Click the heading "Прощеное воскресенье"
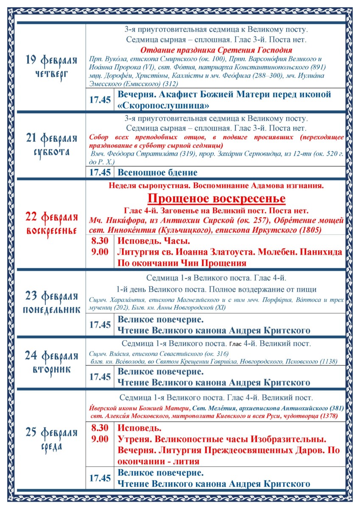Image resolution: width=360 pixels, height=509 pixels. pos(216,199)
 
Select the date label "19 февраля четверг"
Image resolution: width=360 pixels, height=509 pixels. pos(51,66)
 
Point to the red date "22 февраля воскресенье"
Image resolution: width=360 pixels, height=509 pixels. pos(51,224)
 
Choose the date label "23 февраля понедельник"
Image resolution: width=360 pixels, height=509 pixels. pos(51,302)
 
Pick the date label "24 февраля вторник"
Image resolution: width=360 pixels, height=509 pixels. pos(51,362)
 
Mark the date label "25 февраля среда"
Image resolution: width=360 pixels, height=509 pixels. pos(51,439)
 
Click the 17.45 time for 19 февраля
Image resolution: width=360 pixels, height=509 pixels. pos(100,100)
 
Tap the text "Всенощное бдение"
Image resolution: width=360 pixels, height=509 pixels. pos(157,173)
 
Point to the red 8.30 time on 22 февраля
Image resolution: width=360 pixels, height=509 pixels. pos(100,241)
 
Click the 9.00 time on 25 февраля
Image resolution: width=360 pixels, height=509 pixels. pos(100,439)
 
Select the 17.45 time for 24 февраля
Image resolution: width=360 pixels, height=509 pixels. pos(100,377)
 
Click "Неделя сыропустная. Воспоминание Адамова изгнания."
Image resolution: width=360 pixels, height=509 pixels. pos(216,185)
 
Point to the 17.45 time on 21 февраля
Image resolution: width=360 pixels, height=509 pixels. pos(100,172)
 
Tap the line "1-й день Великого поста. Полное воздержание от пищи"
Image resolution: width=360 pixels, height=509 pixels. pos(216,290)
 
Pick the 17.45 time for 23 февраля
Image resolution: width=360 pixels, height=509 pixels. pos(100,325)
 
